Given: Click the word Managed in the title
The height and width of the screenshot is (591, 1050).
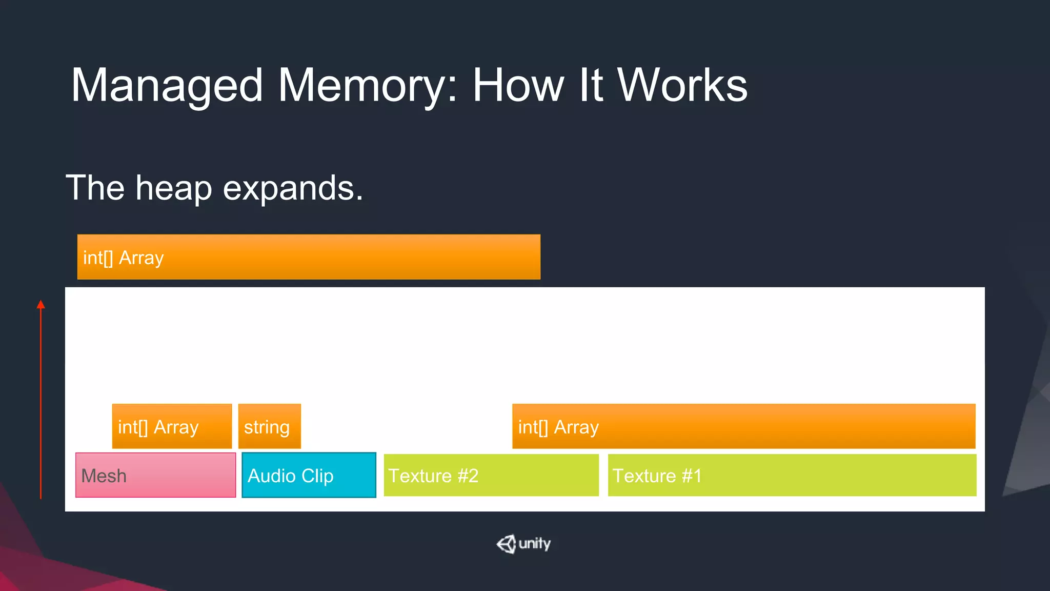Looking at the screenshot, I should click(167, 86).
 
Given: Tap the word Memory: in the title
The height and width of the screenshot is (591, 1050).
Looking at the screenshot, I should click(367, 86).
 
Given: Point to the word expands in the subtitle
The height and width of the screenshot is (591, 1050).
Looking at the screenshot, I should click(290, 189).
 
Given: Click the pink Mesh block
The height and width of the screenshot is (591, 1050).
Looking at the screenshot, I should click(155, 475).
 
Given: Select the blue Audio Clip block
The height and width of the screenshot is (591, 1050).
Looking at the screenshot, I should click(309, 475).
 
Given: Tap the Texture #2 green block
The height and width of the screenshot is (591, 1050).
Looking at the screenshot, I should click(491, 475).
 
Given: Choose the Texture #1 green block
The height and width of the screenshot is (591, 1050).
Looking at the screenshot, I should click(792, 475).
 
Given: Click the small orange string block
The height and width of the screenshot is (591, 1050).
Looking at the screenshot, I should click(269, 426).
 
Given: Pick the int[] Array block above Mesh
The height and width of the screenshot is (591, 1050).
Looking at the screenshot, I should click(172, 426).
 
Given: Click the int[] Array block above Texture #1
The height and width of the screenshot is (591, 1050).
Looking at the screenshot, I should click(743, 426).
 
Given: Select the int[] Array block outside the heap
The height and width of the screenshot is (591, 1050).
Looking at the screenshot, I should click(309, 257).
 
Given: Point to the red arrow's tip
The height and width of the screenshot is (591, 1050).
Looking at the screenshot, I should click(41, 303).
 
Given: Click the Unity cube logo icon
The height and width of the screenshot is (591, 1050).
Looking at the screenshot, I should click(506, 544).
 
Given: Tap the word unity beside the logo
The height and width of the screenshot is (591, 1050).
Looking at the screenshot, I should click(535, 543).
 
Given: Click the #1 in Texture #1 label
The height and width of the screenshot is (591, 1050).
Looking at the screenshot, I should click(691, 476).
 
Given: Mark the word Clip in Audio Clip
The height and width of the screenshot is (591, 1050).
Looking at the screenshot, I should click(317, 476).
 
